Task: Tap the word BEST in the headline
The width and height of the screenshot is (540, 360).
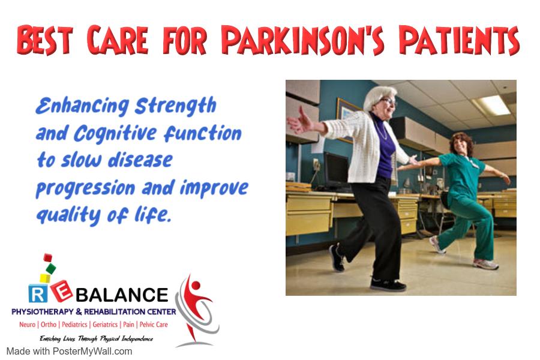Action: tap(45, 40)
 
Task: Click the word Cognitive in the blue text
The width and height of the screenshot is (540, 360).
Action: tap(115, 134)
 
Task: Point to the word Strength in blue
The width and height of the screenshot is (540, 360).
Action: tap(176, 106)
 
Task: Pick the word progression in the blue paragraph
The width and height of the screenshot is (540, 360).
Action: tap(85, 189)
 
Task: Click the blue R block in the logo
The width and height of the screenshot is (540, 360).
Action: tap(38, 293)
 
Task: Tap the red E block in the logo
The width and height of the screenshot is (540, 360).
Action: tap(62, 291)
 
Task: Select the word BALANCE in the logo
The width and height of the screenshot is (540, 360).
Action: tap(122, 295)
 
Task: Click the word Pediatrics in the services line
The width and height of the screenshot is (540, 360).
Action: tap(74, 325)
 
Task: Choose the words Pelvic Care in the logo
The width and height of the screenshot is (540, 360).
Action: tap(154, 325)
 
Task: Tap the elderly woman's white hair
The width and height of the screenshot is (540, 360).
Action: tap(377, 97)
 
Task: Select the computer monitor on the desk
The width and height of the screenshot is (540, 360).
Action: tap(337, 171)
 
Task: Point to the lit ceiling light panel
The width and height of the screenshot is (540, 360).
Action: tap(491, 105)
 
